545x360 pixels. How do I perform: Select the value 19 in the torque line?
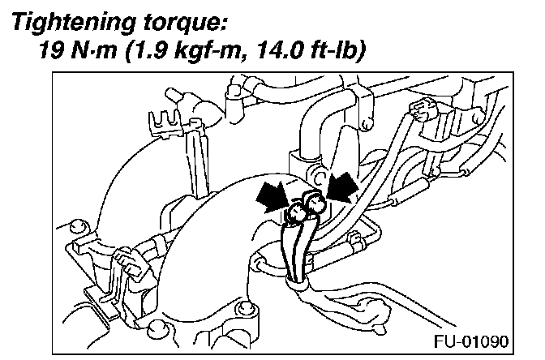pyautogui.click(x=54, y=50)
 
